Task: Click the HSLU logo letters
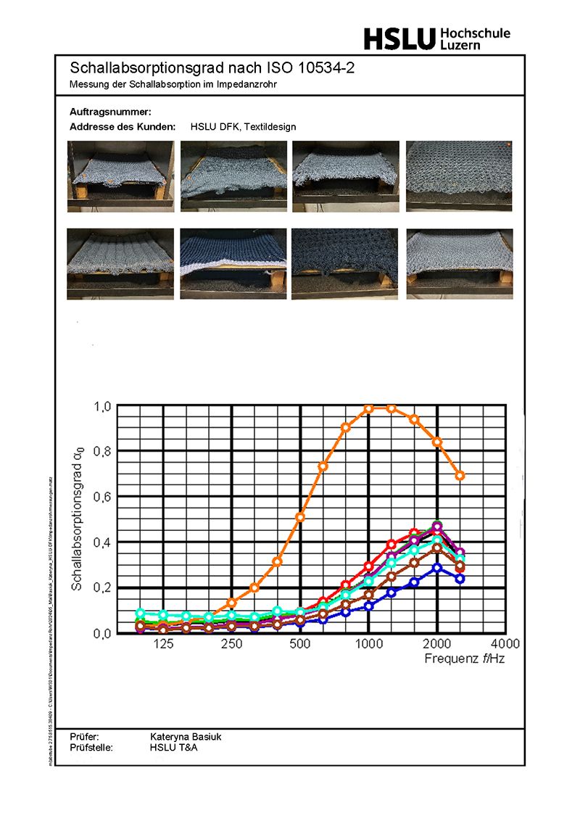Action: pyautogui.click(x=399, y=38)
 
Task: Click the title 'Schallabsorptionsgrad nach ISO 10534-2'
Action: pyautogui.click(x=212, y=69)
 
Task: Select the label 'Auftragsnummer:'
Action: pyautogui.click(x=110, y=112)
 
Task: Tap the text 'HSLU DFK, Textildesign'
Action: pyautogui.click(x=244, y=126)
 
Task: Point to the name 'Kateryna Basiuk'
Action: pyautogui.click(x=186, y=737)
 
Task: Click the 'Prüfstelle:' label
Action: pyautogui.click(x=91, y=747)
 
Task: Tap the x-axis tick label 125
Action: pyautogui.click(x=163, y=645)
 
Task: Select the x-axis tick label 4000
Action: pyautogui.click(x=505, y=645)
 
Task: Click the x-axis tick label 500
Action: pyautogui.click(x=299, y=645)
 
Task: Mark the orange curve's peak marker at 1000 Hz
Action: pyautogui.click(x=368, y=408)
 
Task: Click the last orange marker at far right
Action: pyautogui.click(x=460, y=476)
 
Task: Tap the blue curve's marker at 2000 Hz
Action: pyautogui.click(x=436, y=568)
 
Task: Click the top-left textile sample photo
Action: pyautogui.click(x=120, y=176)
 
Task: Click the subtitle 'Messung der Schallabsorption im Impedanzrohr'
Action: pyautogui.click(x=173, y=84)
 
